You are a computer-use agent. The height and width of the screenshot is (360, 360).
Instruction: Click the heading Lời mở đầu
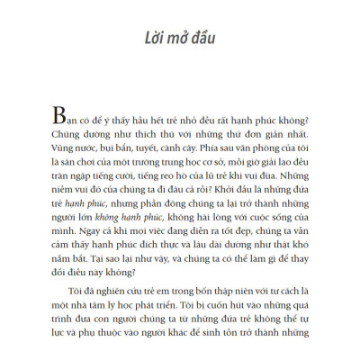pos(180,40)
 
